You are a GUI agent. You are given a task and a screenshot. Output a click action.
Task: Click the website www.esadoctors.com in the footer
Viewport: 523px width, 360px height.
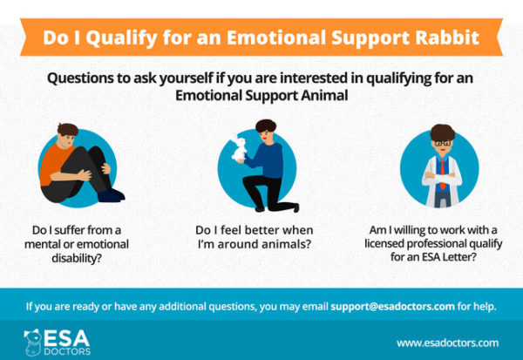coord(447,343)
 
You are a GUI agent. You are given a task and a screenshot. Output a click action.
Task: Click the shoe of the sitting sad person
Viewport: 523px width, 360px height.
coord(111,196)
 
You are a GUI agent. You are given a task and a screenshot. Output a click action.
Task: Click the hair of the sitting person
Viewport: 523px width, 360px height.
coord(66,130)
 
